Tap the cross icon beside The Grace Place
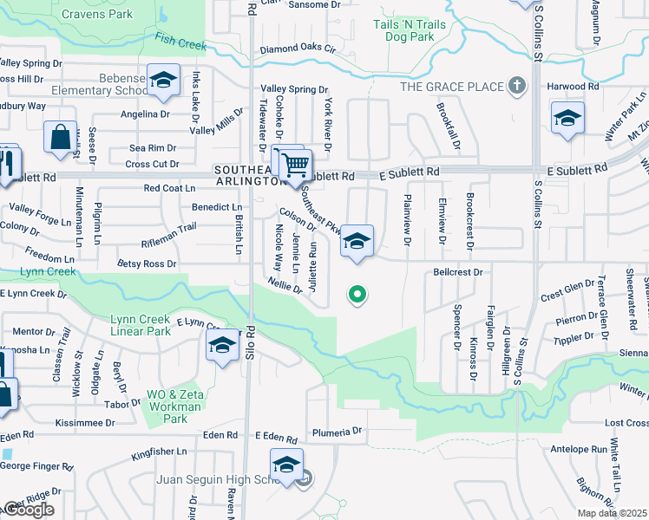tap(517, 86)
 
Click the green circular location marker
tap(357, 295)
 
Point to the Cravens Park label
tap(97, 15)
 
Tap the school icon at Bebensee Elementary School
tap(162, 80)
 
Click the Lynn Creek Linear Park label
tap(141, 325)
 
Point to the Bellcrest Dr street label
tap(456, 272)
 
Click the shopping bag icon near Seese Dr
tap(60, 137)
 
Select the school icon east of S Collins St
tap(567, 118)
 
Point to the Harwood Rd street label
tap(574, 87)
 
